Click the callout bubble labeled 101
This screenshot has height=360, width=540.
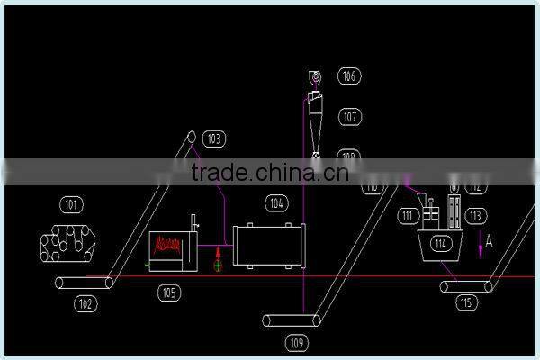click(x=70, y=203)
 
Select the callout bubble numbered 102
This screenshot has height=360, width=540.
click(x=85, y=304)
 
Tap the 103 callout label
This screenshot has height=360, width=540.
click(x=213, y=139)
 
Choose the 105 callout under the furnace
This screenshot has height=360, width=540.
click(x=168, y=292)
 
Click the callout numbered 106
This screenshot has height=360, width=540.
click(x=349, y=76)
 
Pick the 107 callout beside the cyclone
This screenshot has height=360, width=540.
click(x=349, y=117)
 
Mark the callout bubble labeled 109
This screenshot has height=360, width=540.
click(x=297, y=342)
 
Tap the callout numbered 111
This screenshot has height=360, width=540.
click(x=409, y=216)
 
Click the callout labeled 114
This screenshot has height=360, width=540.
click(x=440, y=244)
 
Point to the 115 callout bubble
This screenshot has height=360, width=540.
click(x=465, y=303)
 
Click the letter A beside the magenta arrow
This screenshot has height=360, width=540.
click(x=490, y=241)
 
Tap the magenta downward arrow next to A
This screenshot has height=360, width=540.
click(x=481, y=247)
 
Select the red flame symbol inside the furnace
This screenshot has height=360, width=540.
click(x=169, y=244)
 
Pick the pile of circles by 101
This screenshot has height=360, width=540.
click(x=68, y=241)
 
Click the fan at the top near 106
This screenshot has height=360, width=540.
click(x=316, y=78)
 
